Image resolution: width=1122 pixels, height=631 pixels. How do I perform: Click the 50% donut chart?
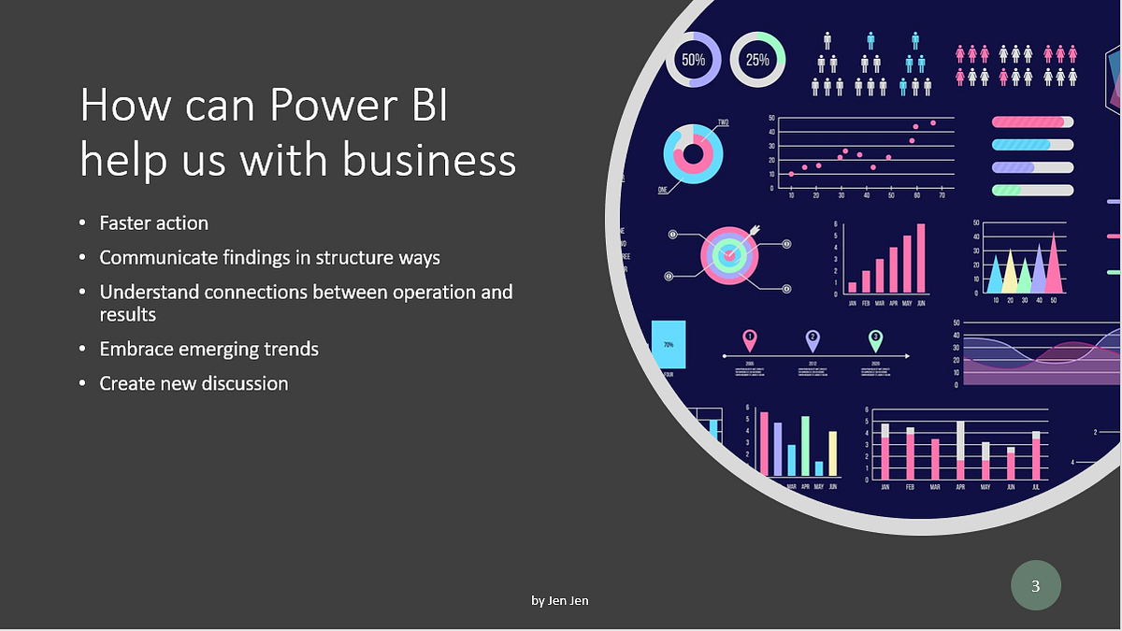point(693,60)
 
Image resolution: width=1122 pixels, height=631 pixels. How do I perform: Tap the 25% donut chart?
point(757,60)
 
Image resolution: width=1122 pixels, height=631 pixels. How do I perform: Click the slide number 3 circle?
point(1035,586)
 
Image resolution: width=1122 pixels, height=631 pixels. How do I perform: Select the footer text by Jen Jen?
point(560,600)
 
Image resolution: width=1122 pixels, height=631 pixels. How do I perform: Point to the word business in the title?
point(429,160)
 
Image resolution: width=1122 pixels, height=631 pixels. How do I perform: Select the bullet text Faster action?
point(154,223)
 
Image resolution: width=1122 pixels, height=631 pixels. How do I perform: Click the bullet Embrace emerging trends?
point(209,349)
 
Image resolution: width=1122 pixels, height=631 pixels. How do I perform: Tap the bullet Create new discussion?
point(194,383)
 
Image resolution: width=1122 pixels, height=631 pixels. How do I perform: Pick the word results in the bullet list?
point(128,314)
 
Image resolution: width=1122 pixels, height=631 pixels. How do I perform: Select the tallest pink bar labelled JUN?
point(920,258)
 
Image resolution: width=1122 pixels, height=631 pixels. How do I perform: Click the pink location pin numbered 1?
point(749,339)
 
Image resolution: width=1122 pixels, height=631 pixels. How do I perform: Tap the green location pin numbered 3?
point(875,339)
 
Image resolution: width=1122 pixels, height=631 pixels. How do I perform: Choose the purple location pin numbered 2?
point(813,339)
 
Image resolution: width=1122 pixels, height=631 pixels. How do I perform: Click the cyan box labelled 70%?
point(669,345)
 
